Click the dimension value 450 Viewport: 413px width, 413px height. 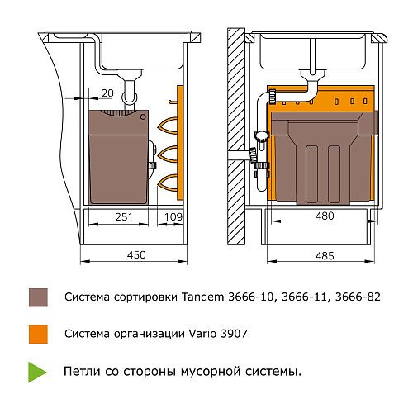coord(136,254)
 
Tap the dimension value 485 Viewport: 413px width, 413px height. coord(325,256)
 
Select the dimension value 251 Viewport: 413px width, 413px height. coord(124,217)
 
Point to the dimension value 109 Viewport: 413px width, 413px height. coord(173,217)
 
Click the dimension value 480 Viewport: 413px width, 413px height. coord(325,216)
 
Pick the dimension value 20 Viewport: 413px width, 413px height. coord(107,93)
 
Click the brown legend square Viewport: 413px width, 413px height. coord(38,297)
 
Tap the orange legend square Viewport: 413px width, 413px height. coord(38,334)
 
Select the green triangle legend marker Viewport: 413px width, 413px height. coord(37,372)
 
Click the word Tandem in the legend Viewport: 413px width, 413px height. coord(203,297)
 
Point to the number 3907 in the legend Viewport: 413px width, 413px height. coord(234,334)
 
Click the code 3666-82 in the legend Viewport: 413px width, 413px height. coord(358,297)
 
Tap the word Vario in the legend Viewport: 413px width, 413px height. coord(202,334)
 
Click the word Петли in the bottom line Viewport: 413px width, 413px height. coord(82,372)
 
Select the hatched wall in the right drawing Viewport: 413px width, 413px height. coord(236,136)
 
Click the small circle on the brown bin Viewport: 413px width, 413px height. coord(143,116)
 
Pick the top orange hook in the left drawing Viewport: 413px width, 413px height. coord(168,126)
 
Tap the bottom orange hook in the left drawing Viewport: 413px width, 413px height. coord(168,183)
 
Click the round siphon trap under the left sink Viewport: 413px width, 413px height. coord(130,97)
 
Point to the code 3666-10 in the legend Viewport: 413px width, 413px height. coord(251,297)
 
